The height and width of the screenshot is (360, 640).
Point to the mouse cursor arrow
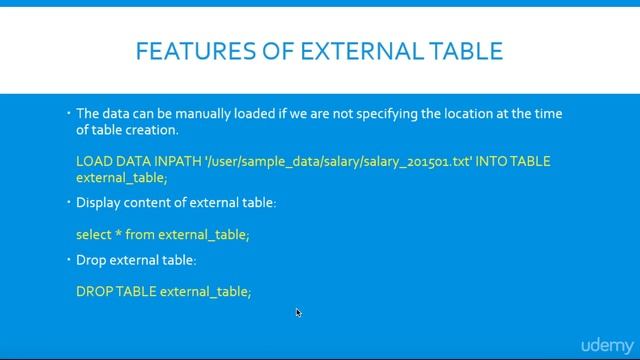tap(298, 312)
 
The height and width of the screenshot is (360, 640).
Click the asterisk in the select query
tap(119, 233)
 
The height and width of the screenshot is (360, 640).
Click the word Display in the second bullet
tap(99, 204)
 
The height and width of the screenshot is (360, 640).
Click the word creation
tap(154, 130)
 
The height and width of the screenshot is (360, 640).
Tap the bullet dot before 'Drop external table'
tap(67, 259)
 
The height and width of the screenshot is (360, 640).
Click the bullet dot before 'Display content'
tap(67, 203)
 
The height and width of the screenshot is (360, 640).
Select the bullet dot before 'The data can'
tap(67, 113)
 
